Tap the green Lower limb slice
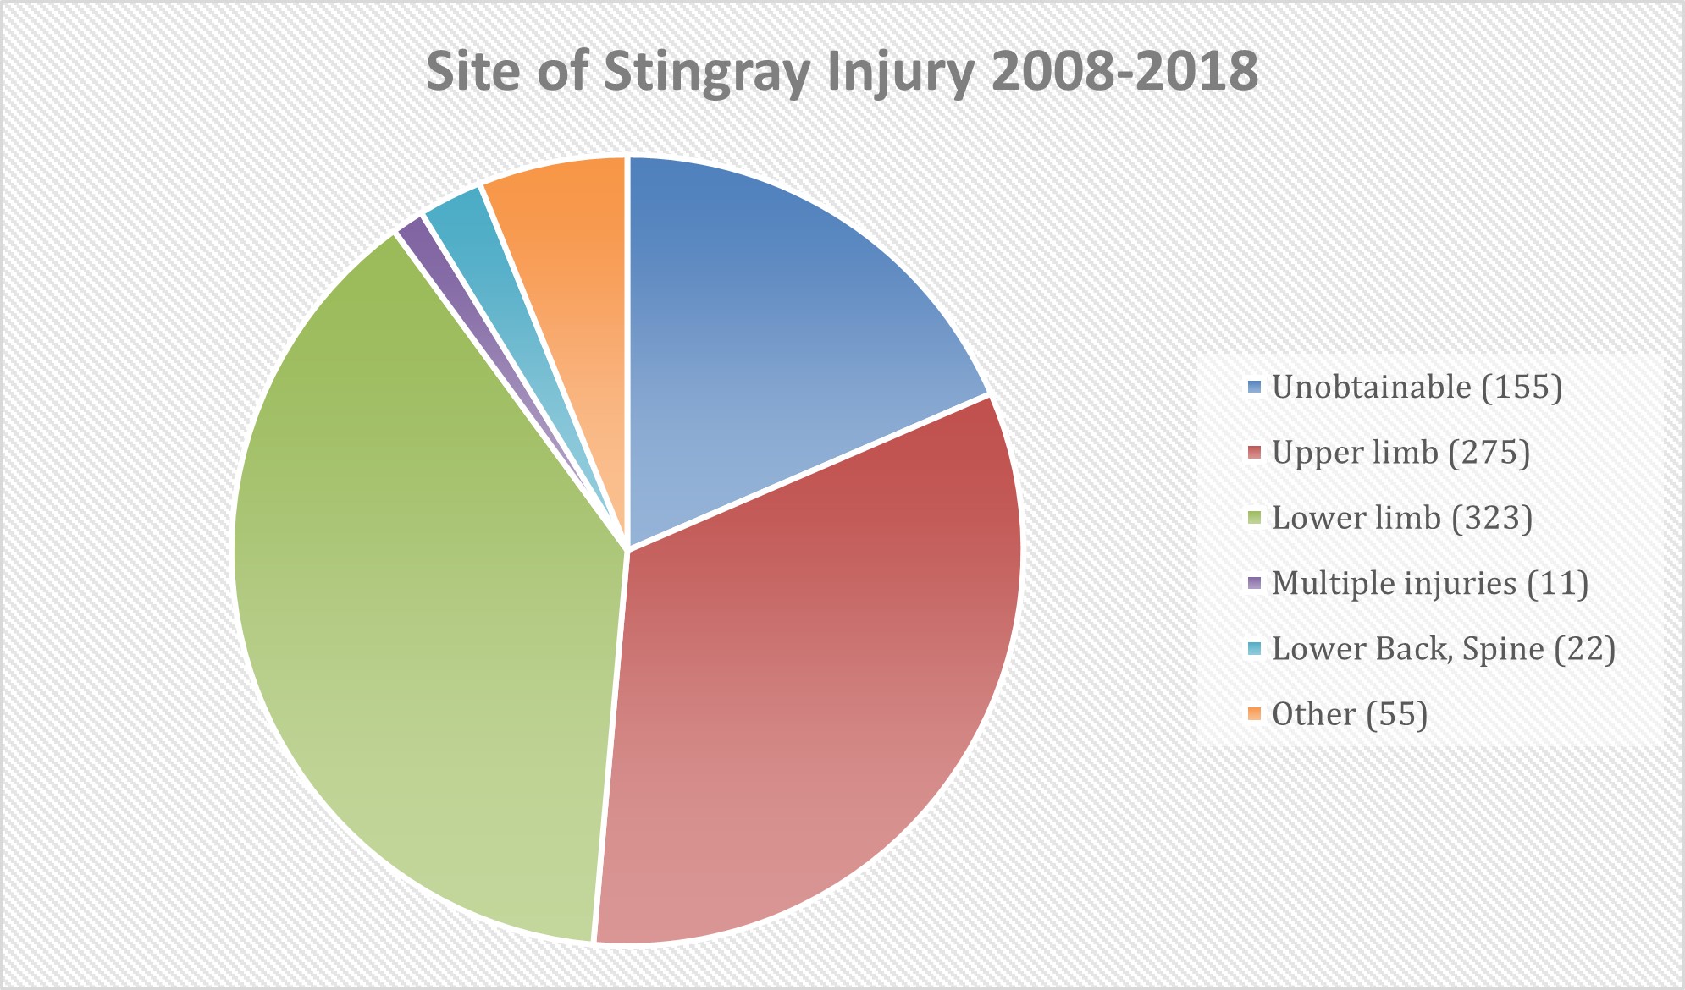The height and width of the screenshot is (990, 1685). click(406, 592)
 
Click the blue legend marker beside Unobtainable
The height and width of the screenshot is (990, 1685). click(1254, 387)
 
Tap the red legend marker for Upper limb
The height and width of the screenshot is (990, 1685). click(1254, 453)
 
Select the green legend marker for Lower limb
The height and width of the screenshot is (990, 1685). click(1254, 518)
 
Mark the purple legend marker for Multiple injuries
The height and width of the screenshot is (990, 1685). click(1254, 583)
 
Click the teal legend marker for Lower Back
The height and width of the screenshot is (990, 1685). click(1254, 649)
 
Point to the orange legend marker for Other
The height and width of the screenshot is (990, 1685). click(1254, 714)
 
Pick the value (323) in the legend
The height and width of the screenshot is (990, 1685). click(1492, 518)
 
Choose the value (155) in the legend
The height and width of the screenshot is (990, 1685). click(1522, 387)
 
